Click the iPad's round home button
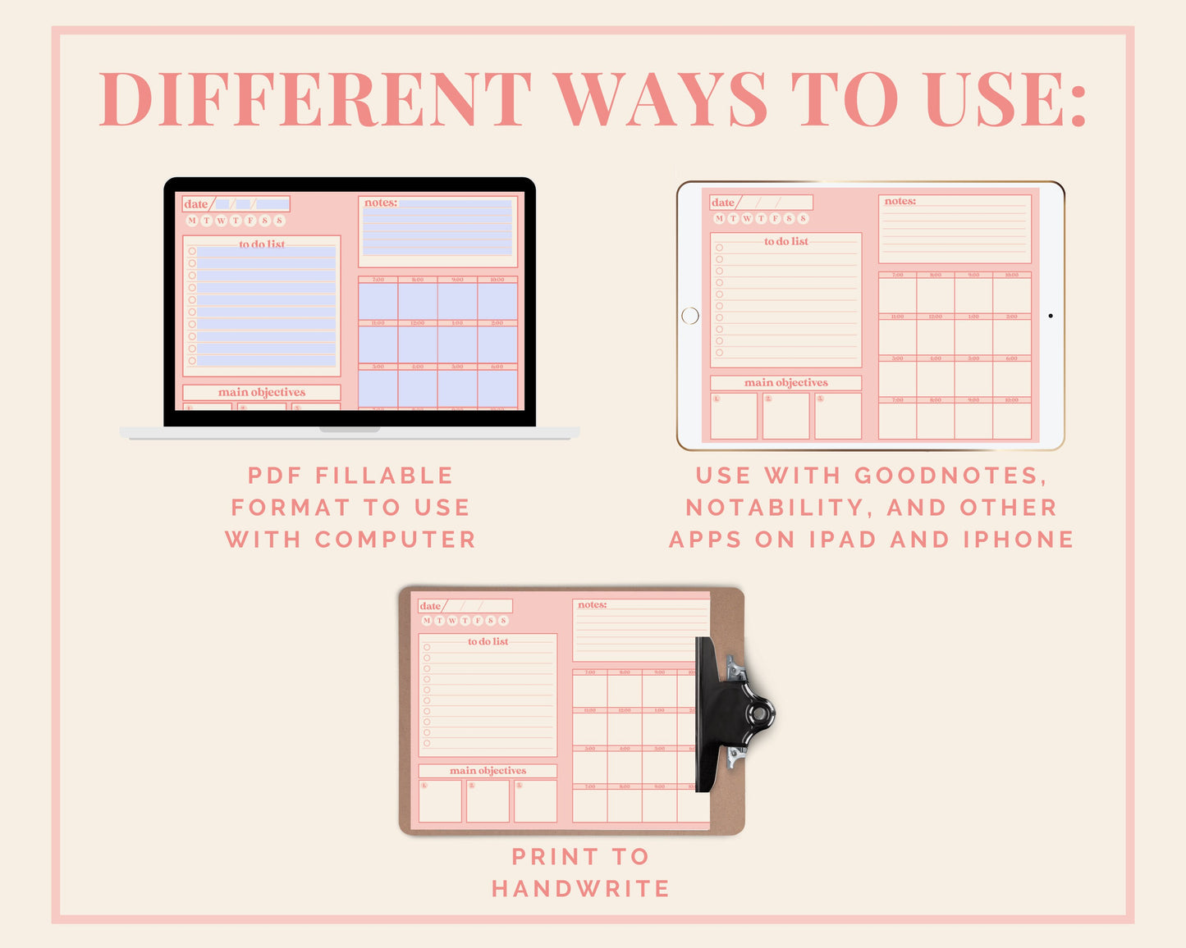[690, 316]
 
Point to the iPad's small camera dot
[1051, 316]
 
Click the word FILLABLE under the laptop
[384, 476]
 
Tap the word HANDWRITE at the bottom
[581, 888]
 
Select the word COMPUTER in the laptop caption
[396, 540]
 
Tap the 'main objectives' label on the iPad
[785, 383]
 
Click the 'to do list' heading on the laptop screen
[262, 244]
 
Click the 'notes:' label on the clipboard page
[592, 605]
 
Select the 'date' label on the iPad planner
[723, 203]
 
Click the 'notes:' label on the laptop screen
[381, 203]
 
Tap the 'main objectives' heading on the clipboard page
[488, 771]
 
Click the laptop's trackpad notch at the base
[350, 430]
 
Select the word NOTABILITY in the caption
[768, 508]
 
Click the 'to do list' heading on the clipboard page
[488, 641]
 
